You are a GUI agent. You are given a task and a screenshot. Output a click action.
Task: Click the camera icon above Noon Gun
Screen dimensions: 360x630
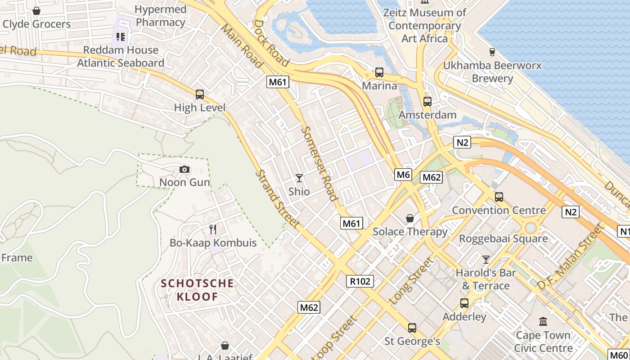(x=184, y=170)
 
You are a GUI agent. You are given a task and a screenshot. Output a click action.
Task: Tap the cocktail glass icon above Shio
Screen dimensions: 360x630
(x=299, y=178)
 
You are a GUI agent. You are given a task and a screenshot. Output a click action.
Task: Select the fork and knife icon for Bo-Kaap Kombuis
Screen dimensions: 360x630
(x=213, y=229)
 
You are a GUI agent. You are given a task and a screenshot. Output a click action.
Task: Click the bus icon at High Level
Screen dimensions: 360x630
(x=200, y=94)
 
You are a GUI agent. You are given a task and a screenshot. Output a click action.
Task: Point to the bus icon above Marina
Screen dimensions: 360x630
(x=379, y=72)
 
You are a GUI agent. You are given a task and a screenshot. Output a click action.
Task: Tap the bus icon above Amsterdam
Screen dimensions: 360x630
(x=427, y=102)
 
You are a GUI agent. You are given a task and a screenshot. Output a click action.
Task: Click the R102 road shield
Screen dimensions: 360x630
(x=360, y=281)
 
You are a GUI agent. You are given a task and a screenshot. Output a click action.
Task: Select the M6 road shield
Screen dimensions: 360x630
(x=403, y=175)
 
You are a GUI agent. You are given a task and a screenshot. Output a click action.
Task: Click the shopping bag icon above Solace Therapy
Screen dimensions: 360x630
(x=410, y=218)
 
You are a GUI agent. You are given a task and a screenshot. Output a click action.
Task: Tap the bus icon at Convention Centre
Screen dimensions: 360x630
(x=499, y=197)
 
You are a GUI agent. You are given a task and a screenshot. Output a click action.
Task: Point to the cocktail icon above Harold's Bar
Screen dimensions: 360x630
(x=486, y=259)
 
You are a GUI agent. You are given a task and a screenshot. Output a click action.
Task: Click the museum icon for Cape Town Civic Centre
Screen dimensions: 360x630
(x=543, y=322)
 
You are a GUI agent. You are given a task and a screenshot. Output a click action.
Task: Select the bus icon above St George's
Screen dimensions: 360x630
(x=412, y=328)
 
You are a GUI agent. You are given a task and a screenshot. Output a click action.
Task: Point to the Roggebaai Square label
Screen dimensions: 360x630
(x=503, y=238)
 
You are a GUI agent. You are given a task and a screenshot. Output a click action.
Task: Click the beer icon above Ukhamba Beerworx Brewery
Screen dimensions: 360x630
(x=492, y=52)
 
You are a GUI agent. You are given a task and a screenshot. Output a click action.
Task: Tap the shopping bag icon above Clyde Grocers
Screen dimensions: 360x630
(x=36, y=10)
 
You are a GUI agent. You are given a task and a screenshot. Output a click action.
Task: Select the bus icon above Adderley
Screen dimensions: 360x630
(x=464, y=303)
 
